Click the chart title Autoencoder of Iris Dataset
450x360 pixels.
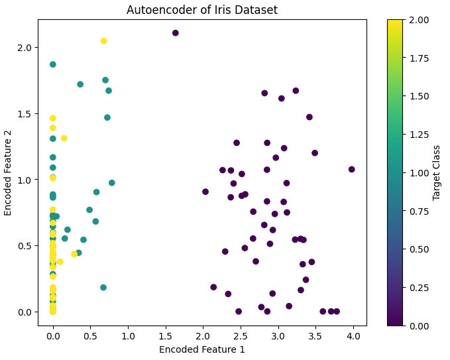(x=202, y=10)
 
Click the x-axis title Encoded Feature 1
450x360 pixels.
(x=202, y=349)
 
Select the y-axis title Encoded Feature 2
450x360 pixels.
(x=7, y=173)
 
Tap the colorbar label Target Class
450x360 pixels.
(x=436, y=173)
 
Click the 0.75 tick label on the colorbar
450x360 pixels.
(x=420, y=211)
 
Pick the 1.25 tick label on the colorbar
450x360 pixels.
(x=420, y=135)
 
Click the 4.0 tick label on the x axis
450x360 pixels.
(x=353, y=335)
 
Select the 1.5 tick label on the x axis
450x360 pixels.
(x=166, y=335)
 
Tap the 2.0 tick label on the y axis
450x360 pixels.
(x=24, y=47)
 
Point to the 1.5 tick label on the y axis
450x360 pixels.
(x=24, y=113)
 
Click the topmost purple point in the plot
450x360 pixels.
(x=176, y=33)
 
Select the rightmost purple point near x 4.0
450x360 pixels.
(x=351, y=169)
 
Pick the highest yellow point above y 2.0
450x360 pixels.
(x=103, y=41)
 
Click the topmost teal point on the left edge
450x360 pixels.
(x=53, y=64)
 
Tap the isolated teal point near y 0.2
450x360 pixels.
(x=103, y=287)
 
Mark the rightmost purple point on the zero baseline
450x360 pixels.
(x=337, y=311)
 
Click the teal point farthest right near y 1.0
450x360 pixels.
(x=112, y=183)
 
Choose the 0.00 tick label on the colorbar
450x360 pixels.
(x=420, y=326)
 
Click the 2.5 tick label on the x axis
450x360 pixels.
(x=241, y=335)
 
